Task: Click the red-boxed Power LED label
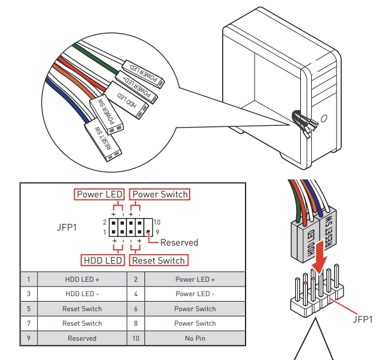[x=100, y=194]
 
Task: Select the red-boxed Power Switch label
[x=160, y=194]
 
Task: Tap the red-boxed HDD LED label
[x=102, y=261]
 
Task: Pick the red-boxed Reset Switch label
[x=158, y=261]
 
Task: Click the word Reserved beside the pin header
[x=179, y=243]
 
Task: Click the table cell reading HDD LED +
[x=82, y=279]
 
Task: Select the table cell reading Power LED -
[x=195, y=294]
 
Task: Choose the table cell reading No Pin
[x=195, y=338]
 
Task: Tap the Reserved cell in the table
[x=82, y=338]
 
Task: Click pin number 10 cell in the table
[x=136, y=338]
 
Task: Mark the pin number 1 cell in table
[x=28, y=279]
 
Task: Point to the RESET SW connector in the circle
[x=103, y=138]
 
